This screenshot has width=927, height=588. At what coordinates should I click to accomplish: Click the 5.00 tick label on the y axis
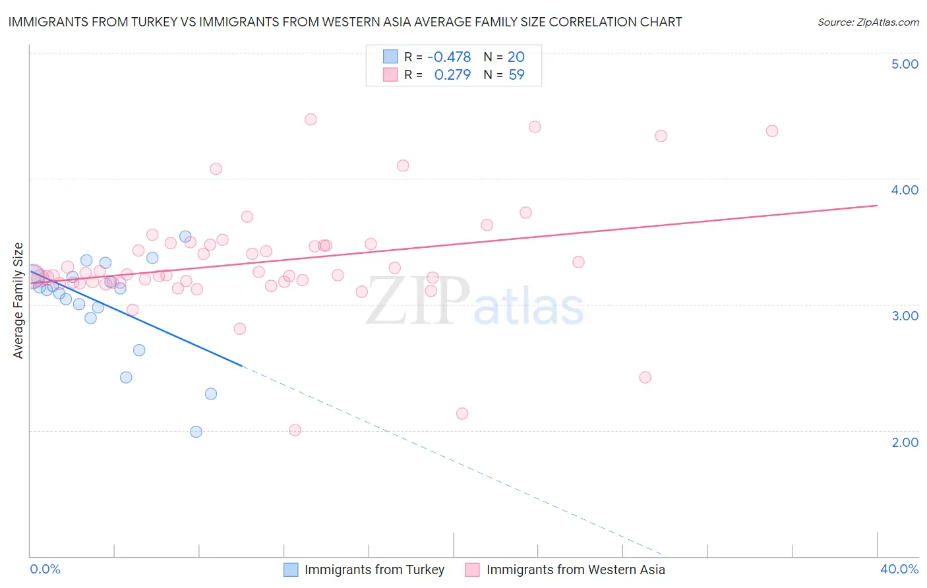[905, 64]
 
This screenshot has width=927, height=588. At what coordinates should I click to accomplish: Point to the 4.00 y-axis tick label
[905, 190]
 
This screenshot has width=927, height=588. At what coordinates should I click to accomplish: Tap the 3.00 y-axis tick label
[905, 316]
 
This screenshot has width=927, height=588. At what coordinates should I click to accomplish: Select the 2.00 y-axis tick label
[905, 442]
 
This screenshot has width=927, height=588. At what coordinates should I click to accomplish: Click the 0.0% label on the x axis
[45, 569]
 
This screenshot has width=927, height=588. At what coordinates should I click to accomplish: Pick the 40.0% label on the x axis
[899, 569]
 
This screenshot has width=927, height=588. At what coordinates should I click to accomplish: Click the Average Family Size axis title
[18, 301]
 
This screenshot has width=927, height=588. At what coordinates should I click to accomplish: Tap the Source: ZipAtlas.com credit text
[868, 22]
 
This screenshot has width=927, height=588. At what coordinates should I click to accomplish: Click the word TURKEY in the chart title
[154, 22]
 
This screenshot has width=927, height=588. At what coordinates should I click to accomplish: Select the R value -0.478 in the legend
[449, 57]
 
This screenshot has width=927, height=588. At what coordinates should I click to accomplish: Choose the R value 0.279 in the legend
[452, 75]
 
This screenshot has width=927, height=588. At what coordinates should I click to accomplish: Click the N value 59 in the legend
[516, 75]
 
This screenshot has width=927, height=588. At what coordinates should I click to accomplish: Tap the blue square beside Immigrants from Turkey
[291, 570]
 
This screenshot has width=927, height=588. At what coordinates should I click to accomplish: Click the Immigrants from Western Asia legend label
[576, 570]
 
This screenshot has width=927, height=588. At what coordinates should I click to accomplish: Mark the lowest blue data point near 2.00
[196, 432]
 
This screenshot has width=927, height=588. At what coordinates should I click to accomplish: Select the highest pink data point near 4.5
[311, 119]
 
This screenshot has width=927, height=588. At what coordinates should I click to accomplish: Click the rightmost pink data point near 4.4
[772, 131]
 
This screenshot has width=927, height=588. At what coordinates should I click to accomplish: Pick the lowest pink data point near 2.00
[295, 430]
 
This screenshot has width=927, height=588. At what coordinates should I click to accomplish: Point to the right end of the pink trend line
[877, 206]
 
